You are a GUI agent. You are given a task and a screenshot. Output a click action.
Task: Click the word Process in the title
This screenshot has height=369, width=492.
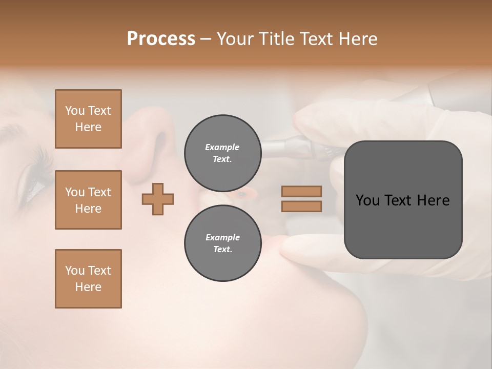pyautogui.click(x=161, y=39)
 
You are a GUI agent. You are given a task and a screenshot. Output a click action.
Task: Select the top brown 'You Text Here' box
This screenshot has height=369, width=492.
pyautogui.click(x=88, y=119)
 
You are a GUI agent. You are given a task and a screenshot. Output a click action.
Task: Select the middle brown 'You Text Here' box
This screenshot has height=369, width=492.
pyautogui.click(x=88, y=200)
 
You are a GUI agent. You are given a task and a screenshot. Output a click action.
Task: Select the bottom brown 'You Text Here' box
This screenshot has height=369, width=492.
pyautogui.click(x=88, y=279)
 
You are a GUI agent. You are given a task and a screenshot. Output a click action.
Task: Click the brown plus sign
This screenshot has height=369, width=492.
pyautogui.click(x=158, y=199)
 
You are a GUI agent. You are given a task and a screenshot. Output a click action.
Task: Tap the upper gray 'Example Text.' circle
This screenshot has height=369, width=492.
pyautogui.click(x=222, y=153)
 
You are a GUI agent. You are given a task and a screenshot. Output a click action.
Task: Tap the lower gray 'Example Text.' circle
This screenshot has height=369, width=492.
pyautogui.click(x=222, y=243)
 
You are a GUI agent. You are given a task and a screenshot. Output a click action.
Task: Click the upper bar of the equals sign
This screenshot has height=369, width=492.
pyautogui.click(x=302, y=191)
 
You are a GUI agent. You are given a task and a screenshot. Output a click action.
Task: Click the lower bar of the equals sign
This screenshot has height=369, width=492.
pyautogui.click(x=302, y=206)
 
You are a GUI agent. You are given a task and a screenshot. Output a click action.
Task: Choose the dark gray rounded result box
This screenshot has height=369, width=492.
pyautogui.click(x=403, y=200)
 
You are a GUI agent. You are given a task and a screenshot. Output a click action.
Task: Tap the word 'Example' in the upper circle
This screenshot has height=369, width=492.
pyautogui.click(x=222, y=147)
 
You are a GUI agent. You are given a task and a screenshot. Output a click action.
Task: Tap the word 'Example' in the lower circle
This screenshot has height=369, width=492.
pyautogui.click(x=222, y=237)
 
